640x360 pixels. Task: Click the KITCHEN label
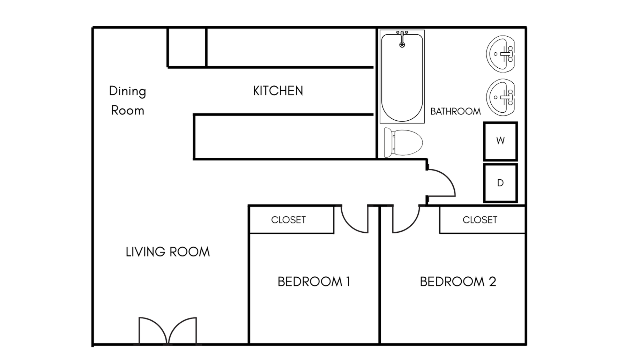278,91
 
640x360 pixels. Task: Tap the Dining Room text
127,100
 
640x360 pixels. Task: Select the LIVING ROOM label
168,252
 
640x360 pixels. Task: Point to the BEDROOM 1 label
314,282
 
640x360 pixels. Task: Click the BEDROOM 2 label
458,282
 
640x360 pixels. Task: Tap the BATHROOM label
455,111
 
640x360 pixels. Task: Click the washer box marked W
500,141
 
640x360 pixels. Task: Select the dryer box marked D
500,183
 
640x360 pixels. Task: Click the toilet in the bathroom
403,142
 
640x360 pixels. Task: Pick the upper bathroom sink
501,54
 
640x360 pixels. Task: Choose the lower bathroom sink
501,97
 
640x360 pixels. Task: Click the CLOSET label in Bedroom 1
288,220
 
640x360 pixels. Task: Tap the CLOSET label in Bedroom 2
480,220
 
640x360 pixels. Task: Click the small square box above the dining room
187,47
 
